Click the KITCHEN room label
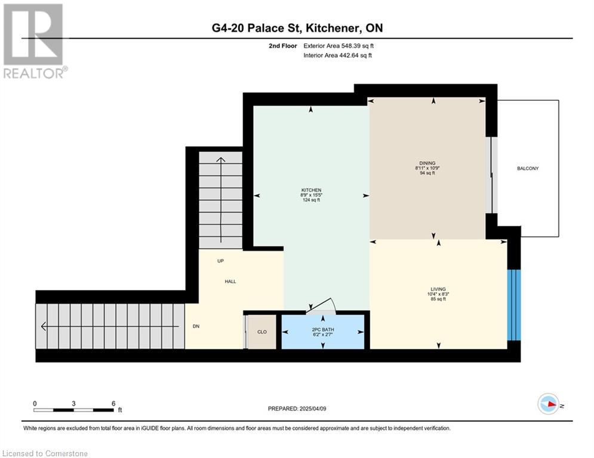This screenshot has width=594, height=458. click(312, 190)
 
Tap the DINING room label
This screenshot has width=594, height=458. click(427, 163)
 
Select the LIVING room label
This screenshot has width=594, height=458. click(438, 289)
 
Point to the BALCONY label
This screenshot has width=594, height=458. click(528, 168)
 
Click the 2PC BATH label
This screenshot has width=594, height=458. click(323, 330)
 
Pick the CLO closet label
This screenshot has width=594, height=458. click(261, 332)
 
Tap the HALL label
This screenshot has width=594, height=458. click(230, 281)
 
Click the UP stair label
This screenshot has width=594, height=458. click(220, 261)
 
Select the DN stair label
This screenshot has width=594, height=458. click(196, 326)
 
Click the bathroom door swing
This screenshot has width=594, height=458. click(321, 306)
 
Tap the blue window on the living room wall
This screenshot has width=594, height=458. click(514, 305)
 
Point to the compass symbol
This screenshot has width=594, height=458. click(549, 404)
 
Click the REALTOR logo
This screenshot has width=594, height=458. click(34, 41)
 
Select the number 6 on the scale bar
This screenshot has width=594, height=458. click(113, 404)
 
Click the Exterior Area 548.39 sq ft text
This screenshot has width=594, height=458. click(338, 46)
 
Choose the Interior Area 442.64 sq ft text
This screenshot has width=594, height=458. click(337, 55)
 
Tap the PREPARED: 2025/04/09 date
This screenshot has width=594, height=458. click(297, 409)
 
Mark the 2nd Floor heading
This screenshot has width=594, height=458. click(283, 46)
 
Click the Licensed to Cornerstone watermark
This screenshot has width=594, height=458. click(45, 453)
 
